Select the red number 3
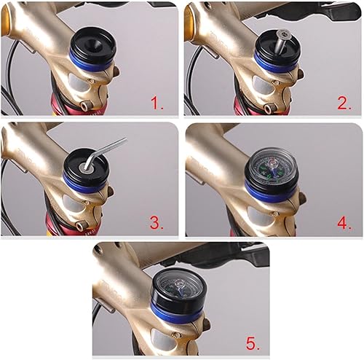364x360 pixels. click(158, 222)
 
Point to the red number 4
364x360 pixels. click(345, 222)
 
